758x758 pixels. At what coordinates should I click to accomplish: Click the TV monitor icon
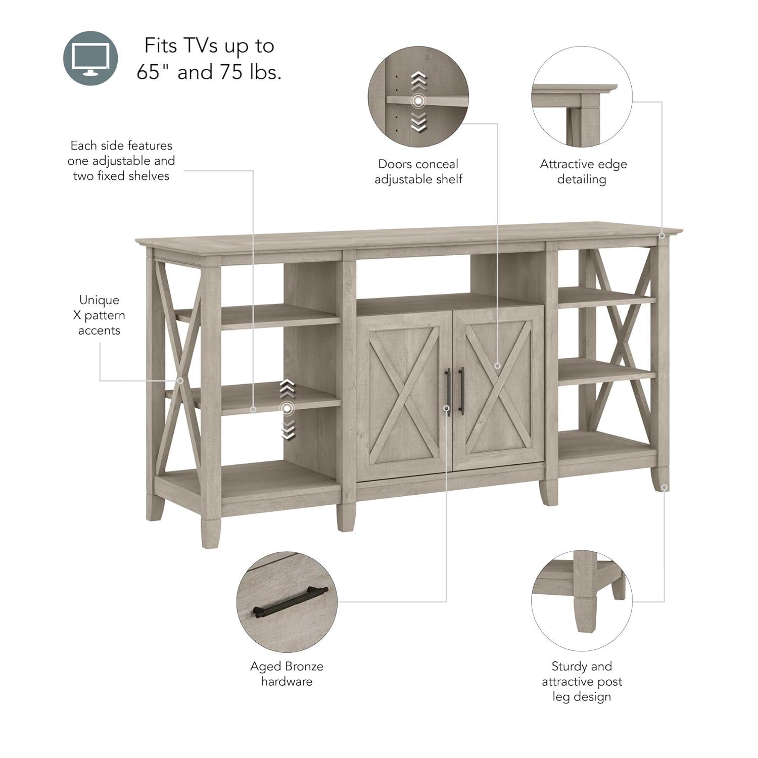click(90, 58)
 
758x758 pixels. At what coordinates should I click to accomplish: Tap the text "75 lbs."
click(251, 72)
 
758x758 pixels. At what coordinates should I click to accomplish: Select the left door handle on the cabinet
click(447, 391)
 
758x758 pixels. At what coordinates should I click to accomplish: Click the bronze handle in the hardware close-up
click(290, 601)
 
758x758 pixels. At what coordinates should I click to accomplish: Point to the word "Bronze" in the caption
click(304, 667)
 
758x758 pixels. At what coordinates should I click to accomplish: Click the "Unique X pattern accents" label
click(99, 315)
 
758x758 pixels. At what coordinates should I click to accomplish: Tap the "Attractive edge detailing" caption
click(583, 171)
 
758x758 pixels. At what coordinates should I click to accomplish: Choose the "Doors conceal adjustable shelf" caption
click(418, 171)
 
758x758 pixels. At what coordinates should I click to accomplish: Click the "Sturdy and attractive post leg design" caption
click(582, 681)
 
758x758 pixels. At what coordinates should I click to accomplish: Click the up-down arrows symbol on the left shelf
click(287, 408)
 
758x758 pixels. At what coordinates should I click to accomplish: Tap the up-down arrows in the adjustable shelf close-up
click(418, 102)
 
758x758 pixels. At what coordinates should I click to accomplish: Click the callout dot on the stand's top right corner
click(662, 235)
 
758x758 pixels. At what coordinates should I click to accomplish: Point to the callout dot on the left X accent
click(180, 381)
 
